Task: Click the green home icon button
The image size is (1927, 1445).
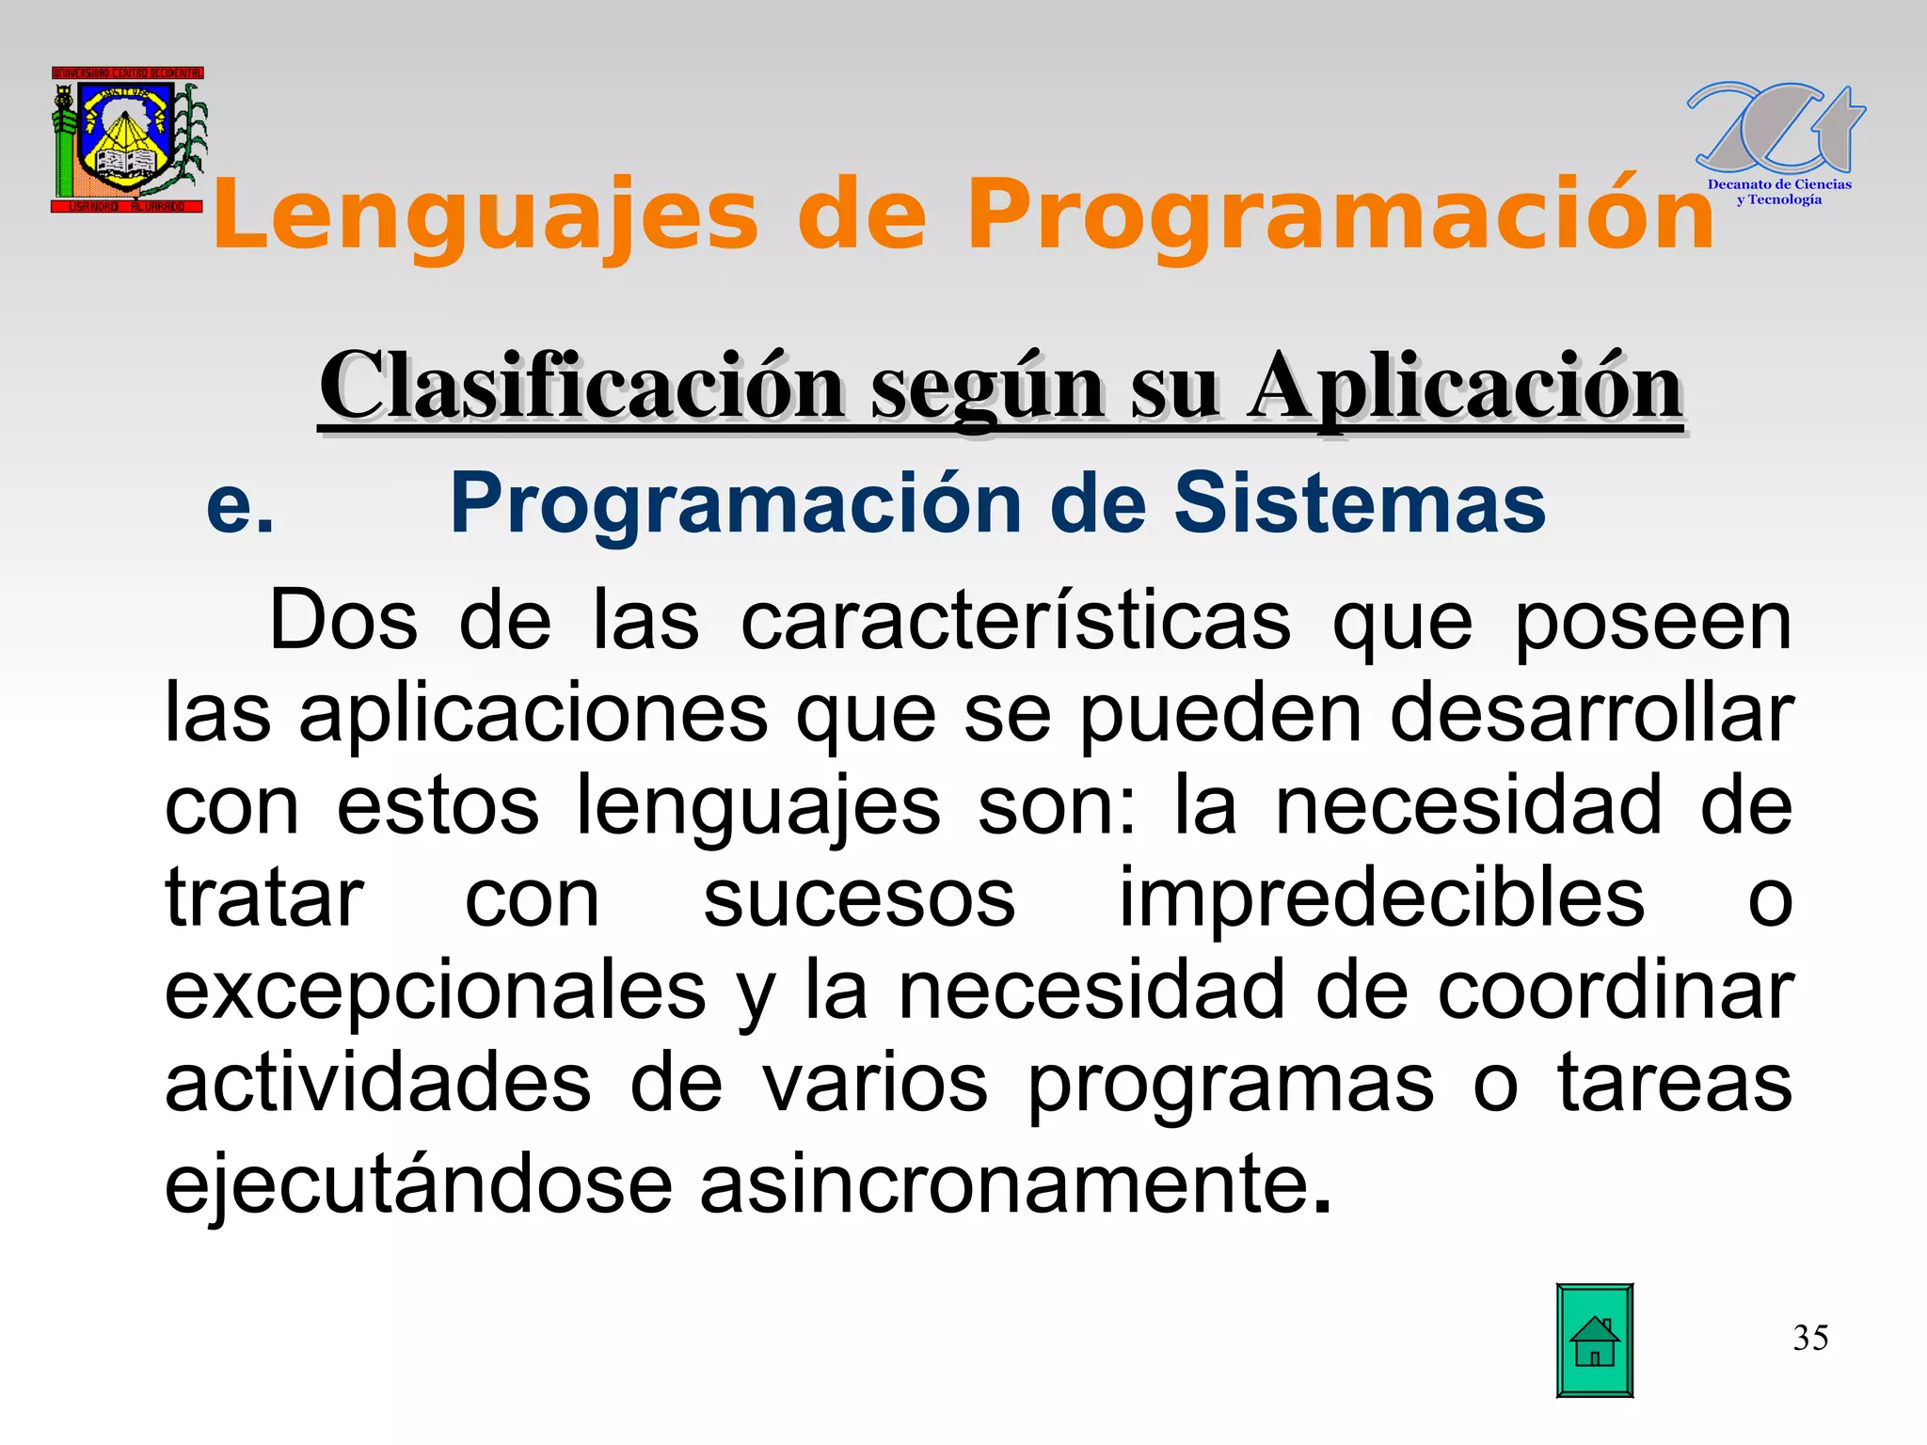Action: (1594, 1340)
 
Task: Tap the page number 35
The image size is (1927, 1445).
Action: (1810, 1338)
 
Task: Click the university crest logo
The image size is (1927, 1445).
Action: (128, 139)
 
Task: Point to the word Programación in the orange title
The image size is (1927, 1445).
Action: (1340, 216)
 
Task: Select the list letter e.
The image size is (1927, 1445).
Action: (240, 506)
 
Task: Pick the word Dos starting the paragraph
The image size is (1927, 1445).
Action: (343, 621)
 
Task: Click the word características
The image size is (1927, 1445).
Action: (1015, 621)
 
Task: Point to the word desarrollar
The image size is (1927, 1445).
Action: (1591, 714)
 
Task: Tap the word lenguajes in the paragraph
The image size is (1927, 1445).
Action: (757, 806)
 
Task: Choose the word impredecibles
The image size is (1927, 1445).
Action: (1381, 898)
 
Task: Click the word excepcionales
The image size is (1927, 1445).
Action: (436, 991)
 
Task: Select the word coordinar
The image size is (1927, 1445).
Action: (1615, 991)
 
